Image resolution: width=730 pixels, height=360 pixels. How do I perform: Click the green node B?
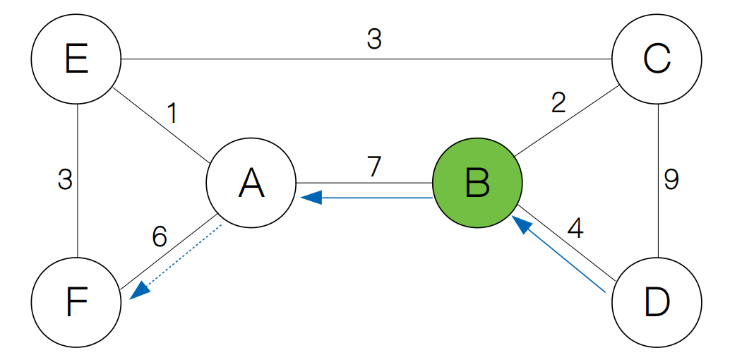coord(477,184)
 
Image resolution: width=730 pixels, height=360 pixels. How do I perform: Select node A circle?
coord(251,184)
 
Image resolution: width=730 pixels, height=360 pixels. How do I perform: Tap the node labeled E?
coord(76,60)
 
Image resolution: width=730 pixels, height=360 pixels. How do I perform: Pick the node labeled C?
coord(657,60)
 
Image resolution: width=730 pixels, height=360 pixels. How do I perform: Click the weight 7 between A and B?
coord(374,167)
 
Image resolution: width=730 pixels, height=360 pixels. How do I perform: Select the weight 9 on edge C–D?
coord(671,181)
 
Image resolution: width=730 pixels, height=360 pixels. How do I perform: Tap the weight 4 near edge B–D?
coord(575,229)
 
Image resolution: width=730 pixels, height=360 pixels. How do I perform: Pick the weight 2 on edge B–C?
coord(558,104)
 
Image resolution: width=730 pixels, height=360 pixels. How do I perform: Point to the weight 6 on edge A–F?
coord(160,237)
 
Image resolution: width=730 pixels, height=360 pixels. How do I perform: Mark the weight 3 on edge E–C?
coord(374,40)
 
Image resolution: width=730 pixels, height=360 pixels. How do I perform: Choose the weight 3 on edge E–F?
coord(65,181)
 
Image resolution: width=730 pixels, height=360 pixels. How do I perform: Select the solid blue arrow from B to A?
coord(367,198)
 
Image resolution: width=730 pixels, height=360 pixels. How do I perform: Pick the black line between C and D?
coord(657,212)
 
